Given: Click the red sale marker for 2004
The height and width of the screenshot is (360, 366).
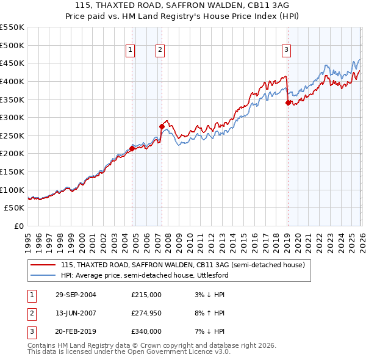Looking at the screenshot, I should click(132, 148).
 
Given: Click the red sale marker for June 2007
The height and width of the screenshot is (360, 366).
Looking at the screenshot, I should click(162, 126).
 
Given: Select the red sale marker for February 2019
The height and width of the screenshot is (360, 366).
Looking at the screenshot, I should click(288, 103).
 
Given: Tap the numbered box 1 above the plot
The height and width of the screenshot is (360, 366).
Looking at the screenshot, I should click(131, 51).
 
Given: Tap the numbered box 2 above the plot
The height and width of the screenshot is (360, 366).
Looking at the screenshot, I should click(160, 51).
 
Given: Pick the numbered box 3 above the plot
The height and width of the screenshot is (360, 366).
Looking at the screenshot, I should click(286, 51).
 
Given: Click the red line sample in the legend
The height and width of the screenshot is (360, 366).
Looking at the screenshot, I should click(43, 265).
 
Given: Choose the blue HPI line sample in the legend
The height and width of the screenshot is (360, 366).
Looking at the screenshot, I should click(43, 275).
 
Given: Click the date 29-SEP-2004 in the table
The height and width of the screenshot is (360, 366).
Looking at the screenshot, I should click(76, 295).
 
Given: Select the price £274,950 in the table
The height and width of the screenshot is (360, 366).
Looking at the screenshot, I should click(146, 314).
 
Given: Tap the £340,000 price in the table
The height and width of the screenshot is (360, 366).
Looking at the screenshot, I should click(146, 333).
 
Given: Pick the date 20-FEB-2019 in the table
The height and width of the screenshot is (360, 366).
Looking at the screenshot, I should click(76, 333).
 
